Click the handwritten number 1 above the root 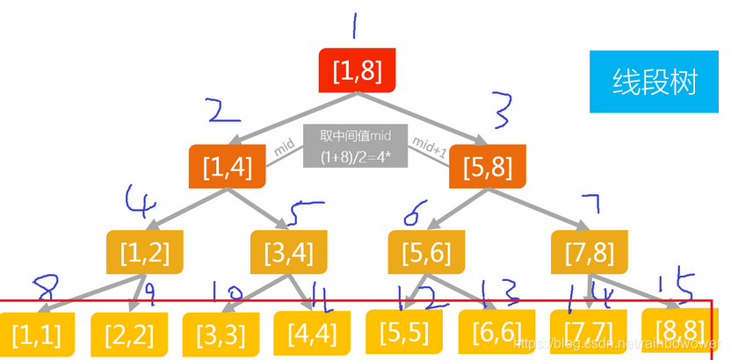(354, 26)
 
